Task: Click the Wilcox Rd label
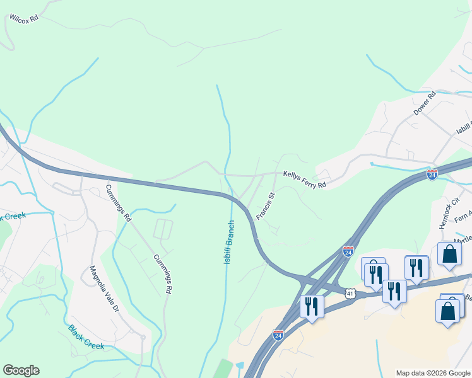(x=24, y=18)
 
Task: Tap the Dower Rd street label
(x=425, y=103)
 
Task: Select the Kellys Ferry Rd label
(x=304, y=179)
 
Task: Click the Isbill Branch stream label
(x=230, y=241)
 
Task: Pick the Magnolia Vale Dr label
(x=104, y=289)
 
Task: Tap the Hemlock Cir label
(x=447, y=215)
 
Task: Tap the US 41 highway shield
(x=351, y=293)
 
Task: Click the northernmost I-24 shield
(x=432, y=174)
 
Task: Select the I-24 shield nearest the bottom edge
(x=278, y=335)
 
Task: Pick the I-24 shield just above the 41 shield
(x=348, y=251)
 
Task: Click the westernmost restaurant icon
(x=312, y=306)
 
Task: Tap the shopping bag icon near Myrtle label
(x=449, y=253)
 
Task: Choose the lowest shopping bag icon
(x=447, y=311)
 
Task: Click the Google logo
(x=21, y=370)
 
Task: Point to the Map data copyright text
(x=432, y=373)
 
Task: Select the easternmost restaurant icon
(x=416, y=268)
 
